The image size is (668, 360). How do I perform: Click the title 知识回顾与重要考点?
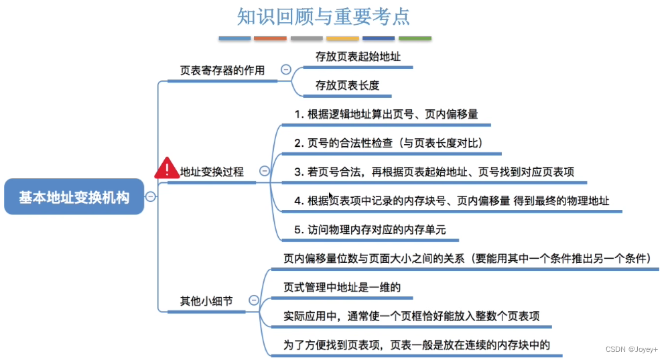pos(324,16)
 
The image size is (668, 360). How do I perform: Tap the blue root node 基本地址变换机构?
pos(74,197)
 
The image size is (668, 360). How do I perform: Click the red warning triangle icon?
pos(166,169)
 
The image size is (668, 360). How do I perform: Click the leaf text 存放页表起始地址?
pos(358,57)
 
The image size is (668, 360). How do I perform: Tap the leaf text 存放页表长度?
pos(347,85)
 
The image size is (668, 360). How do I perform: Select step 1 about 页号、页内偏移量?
pos(386,114)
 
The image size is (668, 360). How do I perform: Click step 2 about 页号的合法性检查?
pos(389,143)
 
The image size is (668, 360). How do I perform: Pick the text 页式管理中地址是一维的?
pos(342,287)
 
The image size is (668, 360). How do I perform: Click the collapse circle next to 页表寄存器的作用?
pos(286,69)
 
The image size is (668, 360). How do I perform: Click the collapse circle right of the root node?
pos(151,196)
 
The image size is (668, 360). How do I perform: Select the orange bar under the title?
pos(271,38)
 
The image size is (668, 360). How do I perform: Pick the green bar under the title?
pos(415,38)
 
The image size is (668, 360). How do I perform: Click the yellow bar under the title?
pos(342,38)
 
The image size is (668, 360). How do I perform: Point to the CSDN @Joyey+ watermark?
pos(631,350)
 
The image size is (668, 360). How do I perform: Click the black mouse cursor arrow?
pos(330,196)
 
